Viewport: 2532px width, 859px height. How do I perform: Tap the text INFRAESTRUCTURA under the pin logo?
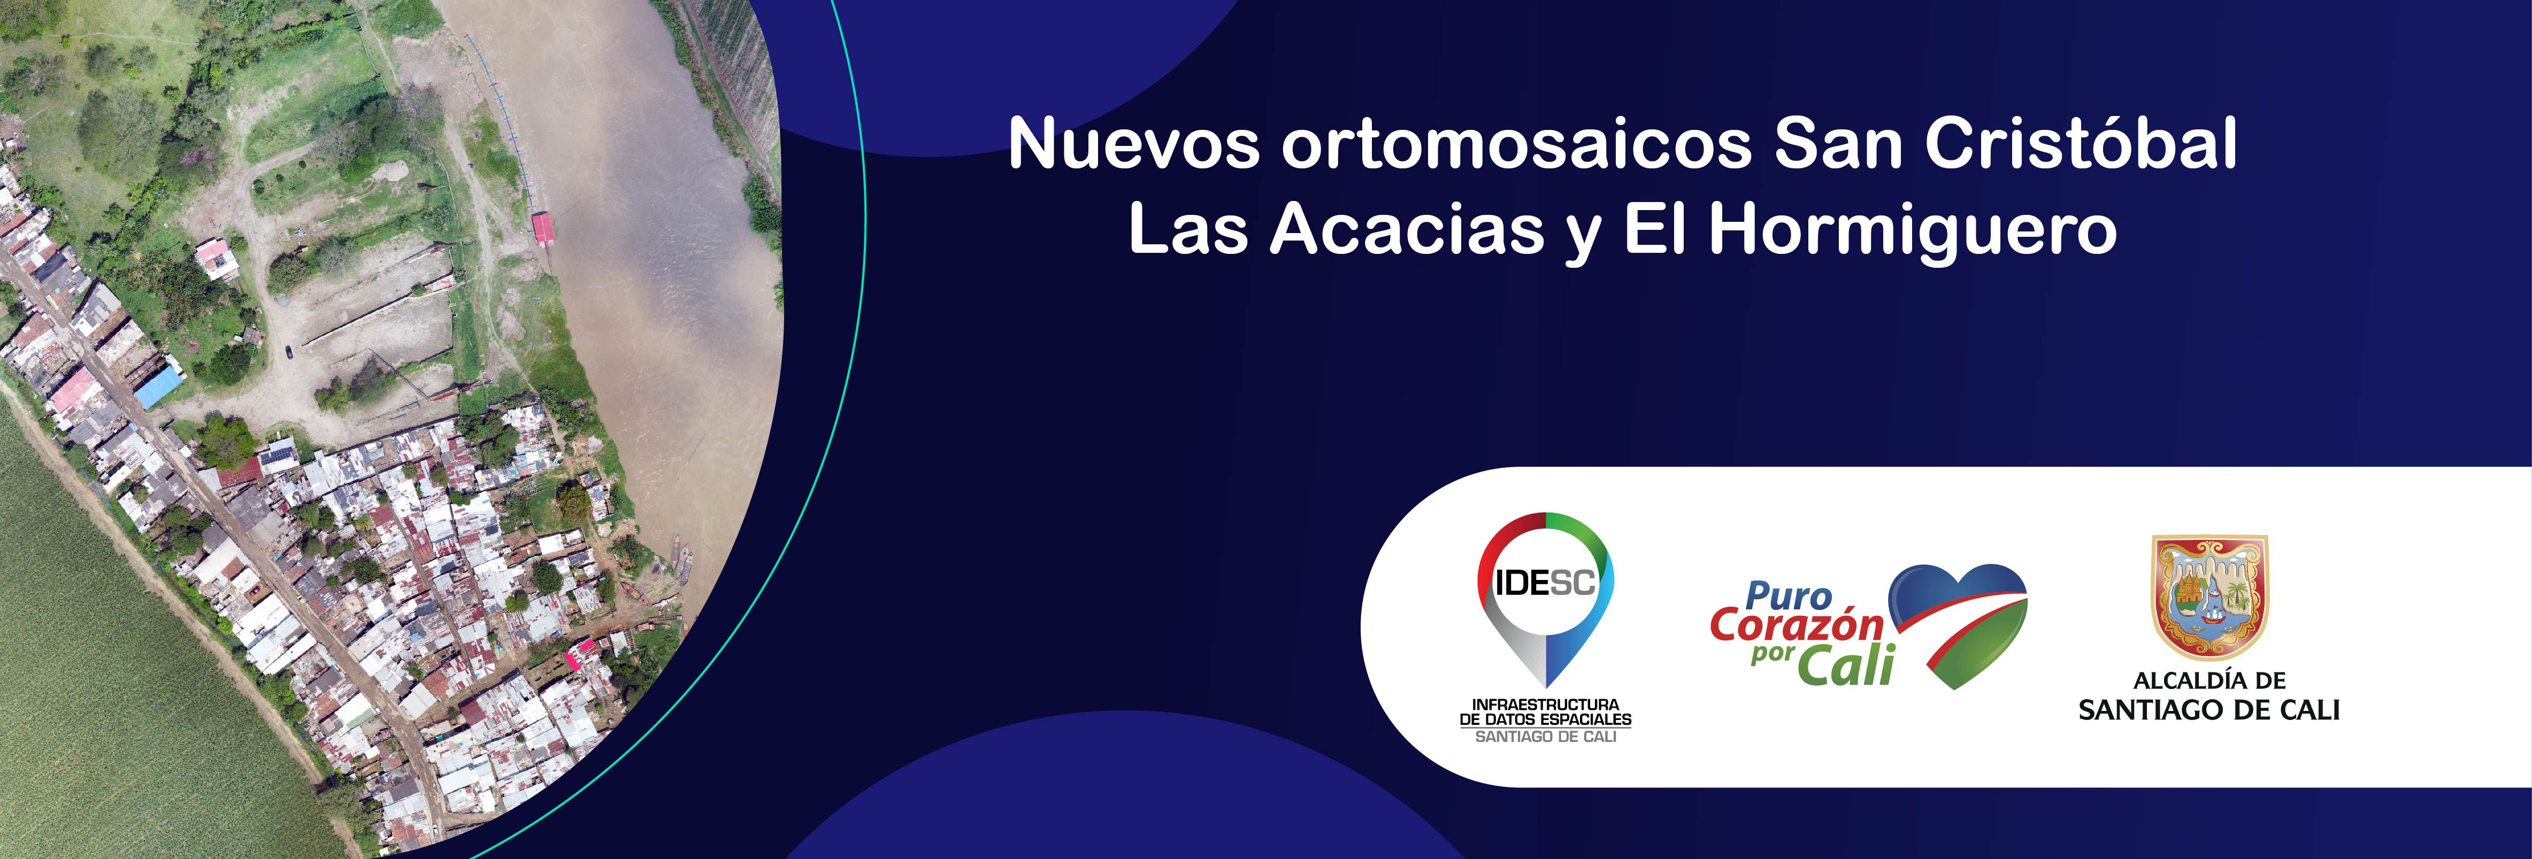coord(1545,705)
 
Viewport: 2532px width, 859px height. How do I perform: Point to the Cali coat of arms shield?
coord(2209,594)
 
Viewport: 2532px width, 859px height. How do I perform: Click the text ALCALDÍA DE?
coord(2208,680)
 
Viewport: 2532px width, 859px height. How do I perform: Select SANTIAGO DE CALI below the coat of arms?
coord(2208,710)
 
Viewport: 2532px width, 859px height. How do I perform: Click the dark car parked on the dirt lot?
coord(288,351)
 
